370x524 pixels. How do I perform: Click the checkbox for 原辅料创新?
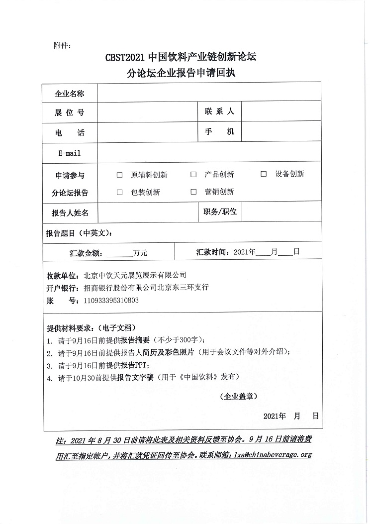pos(119,175)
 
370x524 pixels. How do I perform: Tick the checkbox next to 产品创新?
pos(193,175)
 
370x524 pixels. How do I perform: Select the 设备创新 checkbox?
pos(264,174)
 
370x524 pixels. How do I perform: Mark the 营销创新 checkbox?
pos(193,192)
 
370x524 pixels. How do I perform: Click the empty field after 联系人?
pos(281,112)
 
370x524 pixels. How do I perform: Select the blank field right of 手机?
pos(281,132)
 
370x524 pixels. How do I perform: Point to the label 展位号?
pos(69,112)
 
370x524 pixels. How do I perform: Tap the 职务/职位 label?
pos(220,212)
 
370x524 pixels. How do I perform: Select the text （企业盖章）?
pos(238,397)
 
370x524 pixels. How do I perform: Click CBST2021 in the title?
pos(125,57)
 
